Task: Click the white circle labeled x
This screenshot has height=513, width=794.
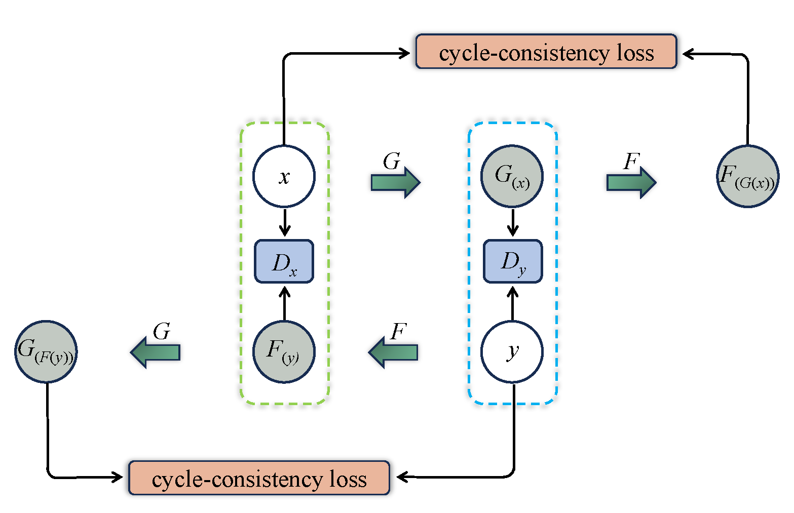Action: click(x=284, y=177)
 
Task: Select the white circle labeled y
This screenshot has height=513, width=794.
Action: click(x=512, y=351)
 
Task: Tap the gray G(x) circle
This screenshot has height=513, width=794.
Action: click(x=512, y=177)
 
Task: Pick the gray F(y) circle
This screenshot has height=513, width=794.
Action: click(x=284, y=351)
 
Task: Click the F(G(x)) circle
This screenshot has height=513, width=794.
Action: click(x=747, y=177)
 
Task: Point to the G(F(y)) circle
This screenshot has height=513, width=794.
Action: click(x=46, y=351)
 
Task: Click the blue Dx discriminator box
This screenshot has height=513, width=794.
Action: click(x=284, y=261)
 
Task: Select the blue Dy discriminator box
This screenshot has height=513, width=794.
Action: click(x=512, y=261)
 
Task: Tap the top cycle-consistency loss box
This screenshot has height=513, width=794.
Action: click(x=546, y=52)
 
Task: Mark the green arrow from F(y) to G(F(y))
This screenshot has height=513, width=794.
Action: click(x=156, y=352)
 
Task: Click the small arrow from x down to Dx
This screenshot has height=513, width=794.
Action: click(x=285, y=223)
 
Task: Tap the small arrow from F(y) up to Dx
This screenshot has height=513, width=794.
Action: click(x=285, y=303)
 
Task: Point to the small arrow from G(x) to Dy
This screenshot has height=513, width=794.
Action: click(x=513, y=223)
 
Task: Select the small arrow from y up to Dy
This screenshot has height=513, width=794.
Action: click(x=513, y=303)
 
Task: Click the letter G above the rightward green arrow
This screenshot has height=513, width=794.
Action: click(x=392, y=162)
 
